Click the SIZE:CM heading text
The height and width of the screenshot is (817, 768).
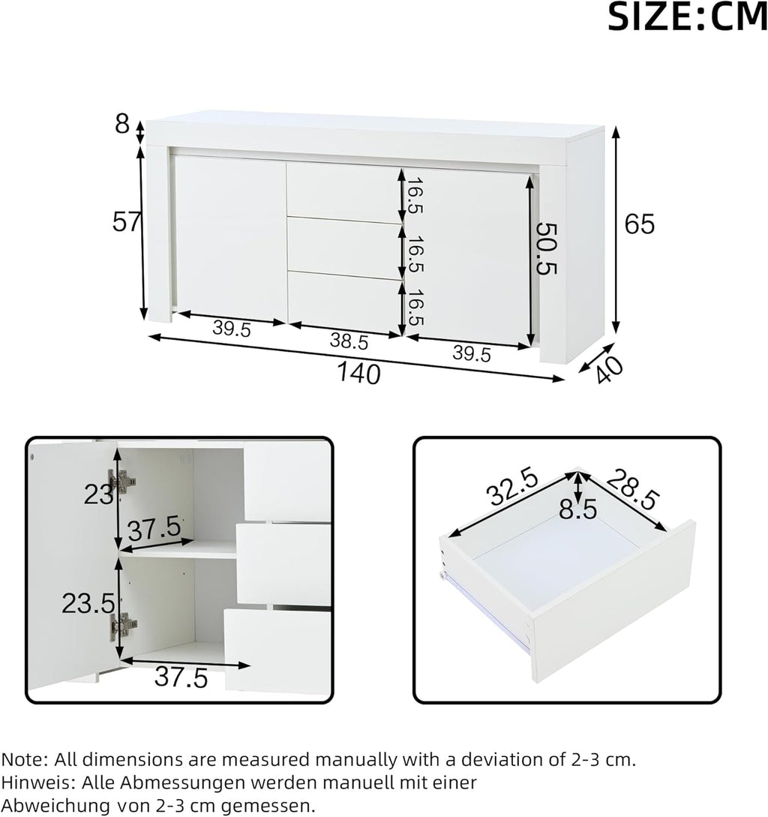click(688, 17)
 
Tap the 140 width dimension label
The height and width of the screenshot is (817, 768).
click(359, 374)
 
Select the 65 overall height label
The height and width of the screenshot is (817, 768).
click(639, 224)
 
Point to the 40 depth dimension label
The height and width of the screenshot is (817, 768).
click(607, 369)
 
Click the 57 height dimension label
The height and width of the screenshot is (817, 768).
click(126, 223)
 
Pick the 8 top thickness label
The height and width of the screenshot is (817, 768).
click(122, 125)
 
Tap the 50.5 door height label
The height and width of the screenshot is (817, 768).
click(547, 248)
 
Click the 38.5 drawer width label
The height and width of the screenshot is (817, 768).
click(349, 341)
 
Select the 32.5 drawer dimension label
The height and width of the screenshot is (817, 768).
click(512, 487)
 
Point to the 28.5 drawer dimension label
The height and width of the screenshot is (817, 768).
click(632, 489)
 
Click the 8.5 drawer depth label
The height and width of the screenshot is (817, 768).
click(578, 509)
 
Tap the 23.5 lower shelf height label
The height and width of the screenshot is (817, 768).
click(88, 603)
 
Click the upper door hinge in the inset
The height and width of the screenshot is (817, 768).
click(122, 481)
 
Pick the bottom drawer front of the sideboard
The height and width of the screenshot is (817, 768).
click(344, 302)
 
